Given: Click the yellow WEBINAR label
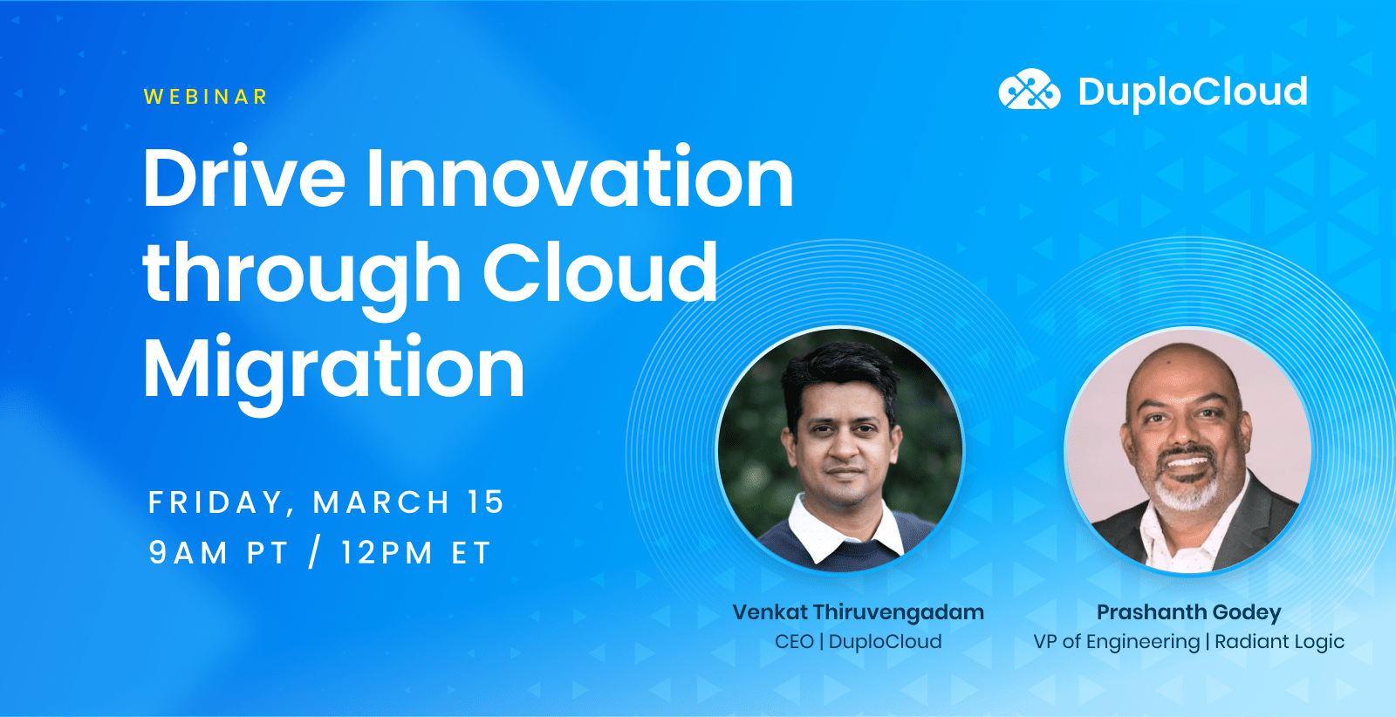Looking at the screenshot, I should click(206, 97).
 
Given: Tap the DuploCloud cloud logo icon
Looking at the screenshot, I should click(1029, 90).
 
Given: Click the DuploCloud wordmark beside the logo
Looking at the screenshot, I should click(1192, 92).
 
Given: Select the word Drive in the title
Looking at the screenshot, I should click(244, 179).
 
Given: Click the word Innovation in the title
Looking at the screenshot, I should click(579, 179).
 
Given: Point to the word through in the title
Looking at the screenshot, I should click(302, 276).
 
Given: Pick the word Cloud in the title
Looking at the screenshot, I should click(599, 272).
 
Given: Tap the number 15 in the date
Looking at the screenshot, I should click(485, 502).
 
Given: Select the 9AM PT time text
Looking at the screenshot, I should click(218, 553).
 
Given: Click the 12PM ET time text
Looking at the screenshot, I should click(416, 553).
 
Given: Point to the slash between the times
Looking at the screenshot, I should click(314, 553).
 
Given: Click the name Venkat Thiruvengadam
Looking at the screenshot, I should click(858, 612).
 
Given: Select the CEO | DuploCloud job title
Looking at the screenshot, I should click(858, 642).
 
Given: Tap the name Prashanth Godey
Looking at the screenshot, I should click(1188, 612).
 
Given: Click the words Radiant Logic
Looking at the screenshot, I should click(1279, 642).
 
